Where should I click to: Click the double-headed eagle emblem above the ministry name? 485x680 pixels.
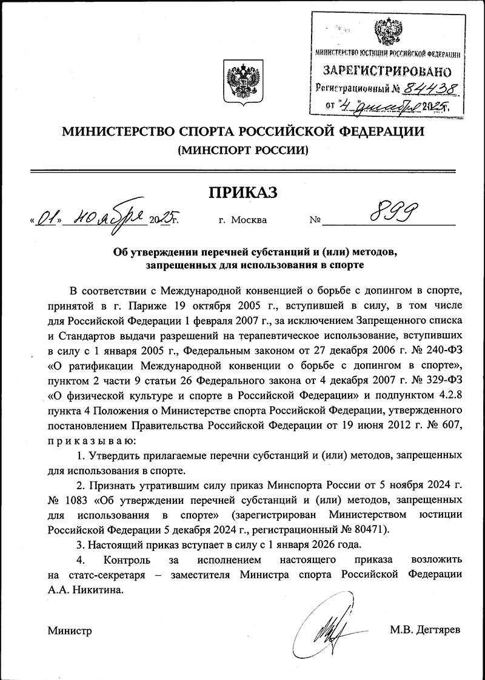(x=242, y=82)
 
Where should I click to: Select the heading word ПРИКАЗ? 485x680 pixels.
(x=242, y=193)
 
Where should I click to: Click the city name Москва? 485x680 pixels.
(x=249, y=220)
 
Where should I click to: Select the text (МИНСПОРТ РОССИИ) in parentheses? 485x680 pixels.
(x=242, y=149)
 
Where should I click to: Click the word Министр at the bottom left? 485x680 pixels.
(x=70, y=631)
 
